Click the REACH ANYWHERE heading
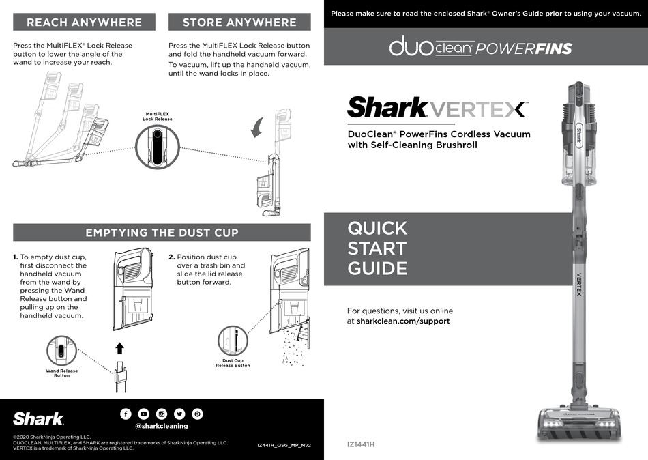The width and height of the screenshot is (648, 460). point(84,22)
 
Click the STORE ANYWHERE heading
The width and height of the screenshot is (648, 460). point(239,22)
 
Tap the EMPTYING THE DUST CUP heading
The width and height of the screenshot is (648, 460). point(162,233)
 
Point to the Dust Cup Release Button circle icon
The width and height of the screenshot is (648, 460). point(233,341)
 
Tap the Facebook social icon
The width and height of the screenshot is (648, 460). point(126,414)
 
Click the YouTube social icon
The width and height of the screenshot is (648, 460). point(143,414)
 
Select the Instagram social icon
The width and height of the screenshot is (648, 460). point(162,414)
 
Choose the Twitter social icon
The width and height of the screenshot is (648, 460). point(179,414)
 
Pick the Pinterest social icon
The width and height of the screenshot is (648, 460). point(197,414)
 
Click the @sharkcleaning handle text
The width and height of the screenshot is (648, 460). point(161,426)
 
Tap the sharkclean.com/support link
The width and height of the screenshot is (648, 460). point(403,321)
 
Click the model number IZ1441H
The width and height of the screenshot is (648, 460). point(362,445)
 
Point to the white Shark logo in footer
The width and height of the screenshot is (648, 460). point(39,418)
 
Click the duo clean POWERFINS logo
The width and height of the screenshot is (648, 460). point(480,47)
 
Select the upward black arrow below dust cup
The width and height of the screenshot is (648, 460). point(119,349)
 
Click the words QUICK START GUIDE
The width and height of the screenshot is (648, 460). point(377,248)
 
